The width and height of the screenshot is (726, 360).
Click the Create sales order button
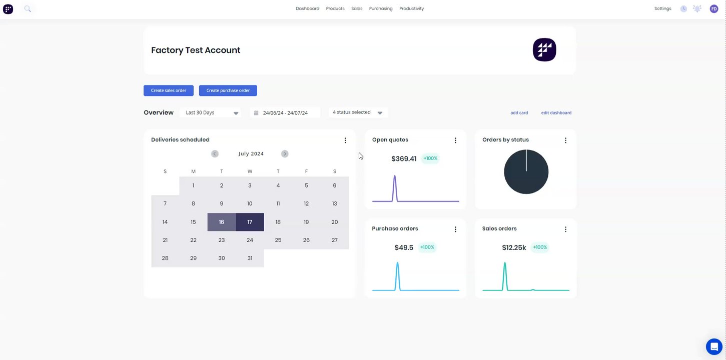pos(168,90)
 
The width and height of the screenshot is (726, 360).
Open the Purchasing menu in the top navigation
pos(381,8)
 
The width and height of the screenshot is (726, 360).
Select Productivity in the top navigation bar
pos(411,8)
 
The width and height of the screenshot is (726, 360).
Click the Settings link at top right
pos(662,8)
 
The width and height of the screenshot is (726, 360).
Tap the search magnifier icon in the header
pos(28,8)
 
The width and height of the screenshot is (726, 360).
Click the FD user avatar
pos(714,8)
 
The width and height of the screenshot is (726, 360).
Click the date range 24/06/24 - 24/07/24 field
pos(285,113)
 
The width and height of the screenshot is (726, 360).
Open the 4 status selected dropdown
pos(358,112)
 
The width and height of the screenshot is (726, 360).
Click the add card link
pos(519,113)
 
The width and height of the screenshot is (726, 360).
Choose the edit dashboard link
pos(556,113)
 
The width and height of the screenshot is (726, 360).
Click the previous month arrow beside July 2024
pos(215,154)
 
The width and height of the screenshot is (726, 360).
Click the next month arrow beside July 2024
pos(285,154)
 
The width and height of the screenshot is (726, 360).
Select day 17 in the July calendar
pos(250,222)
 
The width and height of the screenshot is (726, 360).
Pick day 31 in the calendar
pos(250,258)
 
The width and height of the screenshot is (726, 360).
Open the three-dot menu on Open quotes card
pos(455,140)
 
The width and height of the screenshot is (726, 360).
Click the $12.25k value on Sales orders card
pos(514,247)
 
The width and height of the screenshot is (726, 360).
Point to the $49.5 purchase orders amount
pos(404,247)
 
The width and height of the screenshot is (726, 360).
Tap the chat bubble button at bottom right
pos(714,346)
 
